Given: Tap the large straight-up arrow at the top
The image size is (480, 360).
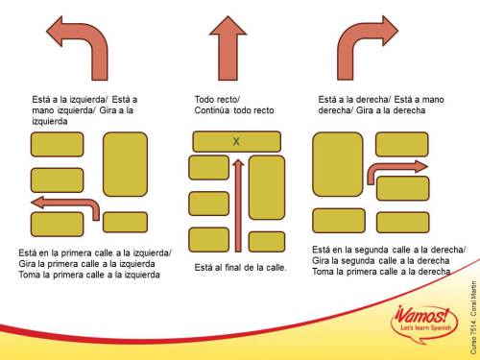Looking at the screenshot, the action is point(228,48).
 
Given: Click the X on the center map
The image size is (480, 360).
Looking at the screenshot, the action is point(236,141).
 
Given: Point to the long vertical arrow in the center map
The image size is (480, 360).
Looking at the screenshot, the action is point(238,205).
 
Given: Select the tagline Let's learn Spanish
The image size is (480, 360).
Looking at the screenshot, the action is point(425,327).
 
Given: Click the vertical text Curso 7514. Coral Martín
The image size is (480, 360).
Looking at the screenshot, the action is point(473,318).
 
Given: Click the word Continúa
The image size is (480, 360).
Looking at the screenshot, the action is point(212,110).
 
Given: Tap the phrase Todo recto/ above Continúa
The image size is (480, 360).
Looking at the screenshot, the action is point(217,100).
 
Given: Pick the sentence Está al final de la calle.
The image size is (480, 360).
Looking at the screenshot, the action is point(240,267).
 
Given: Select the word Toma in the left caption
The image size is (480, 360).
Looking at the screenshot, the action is point(28,275).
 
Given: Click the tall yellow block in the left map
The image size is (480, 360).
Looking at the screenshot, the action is point(125,164).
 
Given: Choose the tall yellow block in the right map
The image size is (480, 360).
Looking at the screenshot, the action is point(338,164).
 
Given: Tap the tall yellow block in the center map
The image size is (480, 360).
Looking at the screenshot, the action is point(267,187).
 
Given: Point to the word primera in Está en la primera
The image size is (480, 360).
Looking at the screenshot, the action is point(76,253).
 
